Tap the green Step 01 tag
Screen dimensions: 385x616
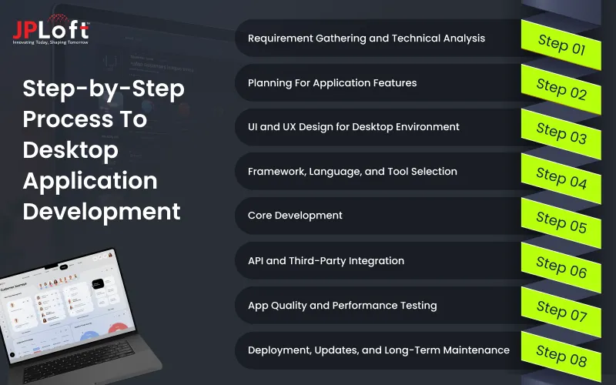pos(561,44)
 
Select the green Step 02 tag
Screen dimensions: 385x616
pos(561,89)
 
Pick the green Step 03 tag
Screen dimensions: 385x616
pos(561,133)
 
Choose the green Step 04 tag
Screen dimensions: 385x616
pos(561,178)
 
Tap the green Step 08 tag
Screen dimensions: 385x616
pos(561,355)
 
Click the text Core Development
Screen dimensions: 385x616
pos(295,216)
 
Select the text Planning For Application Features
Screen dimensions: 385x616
pos(332,82)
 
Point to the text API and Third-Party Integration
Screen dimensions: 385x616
pos(326,260)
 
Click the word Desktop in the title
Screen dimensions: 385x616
pos(70,149)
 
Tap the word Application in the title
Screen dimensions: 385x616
pos(90,180)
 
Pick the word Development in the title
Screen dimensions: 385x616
pos(102,211)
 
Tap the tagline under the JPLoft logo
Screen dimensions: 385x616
pos(51,42)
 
